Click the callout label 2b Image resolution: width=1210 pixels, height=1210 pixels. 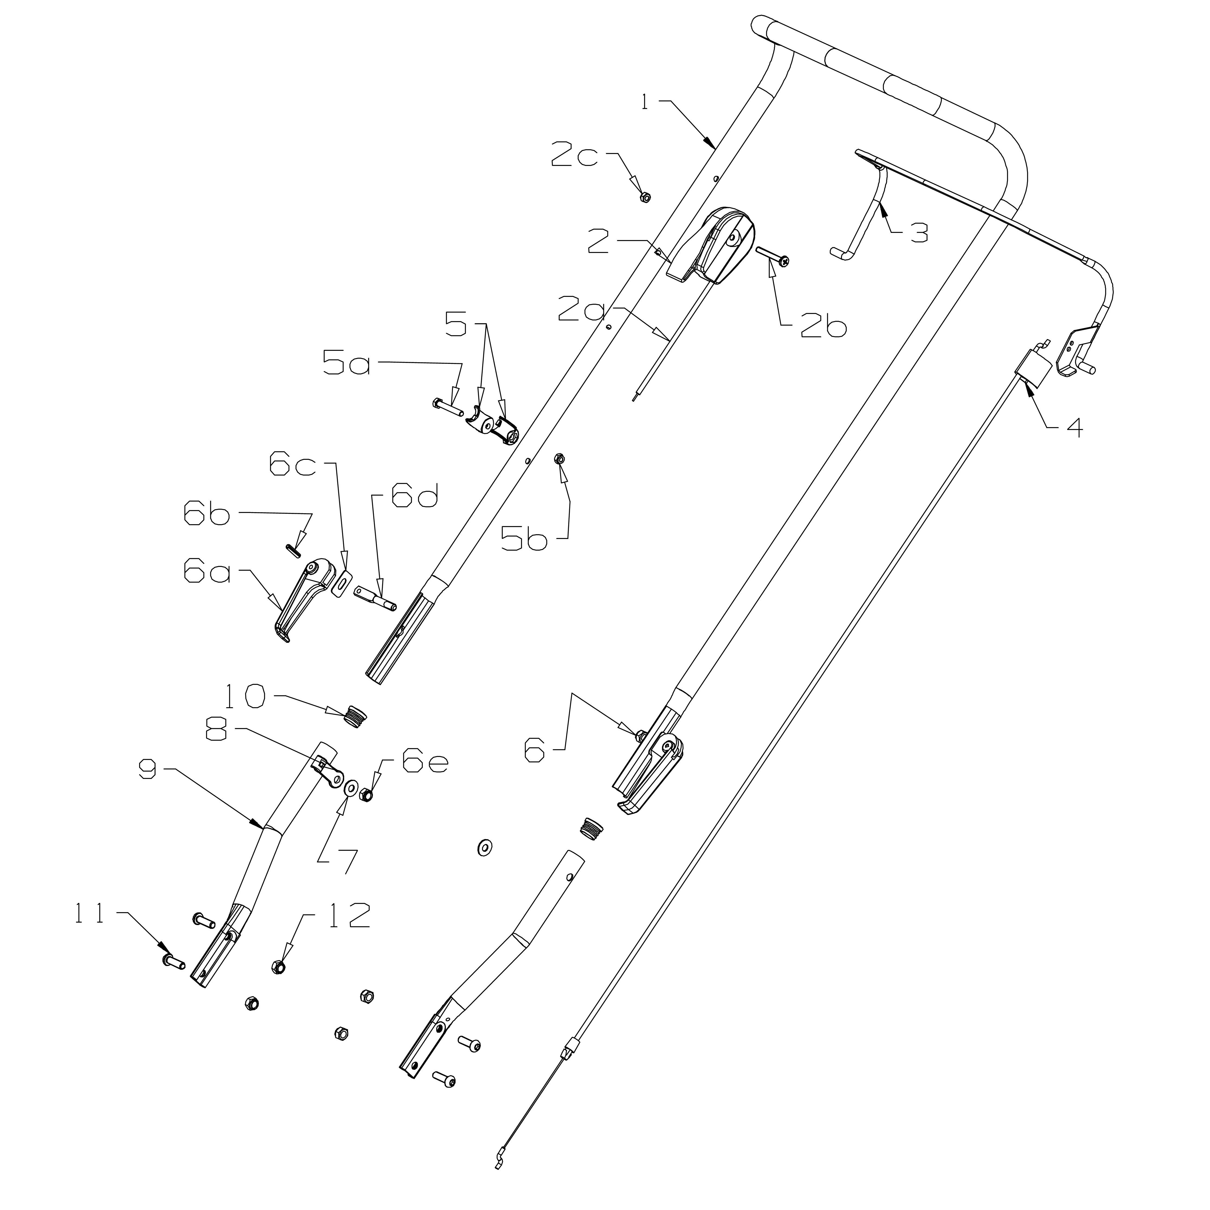pyautogui.click(x=823, y=326)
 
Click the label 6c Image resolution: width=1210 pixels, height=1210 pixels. pyautogui.click(x=292, y=465)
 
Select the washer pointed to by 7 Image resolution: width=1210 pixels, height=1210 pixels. pyautogui.click(x=351, y=787)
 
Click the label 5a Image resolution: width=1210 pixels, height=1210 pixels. pyautogui.click(x=346, y=363)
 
